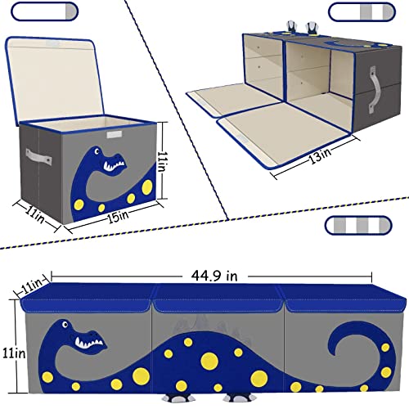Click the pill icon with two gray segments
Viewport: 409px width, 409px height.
tap(356, 14)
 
